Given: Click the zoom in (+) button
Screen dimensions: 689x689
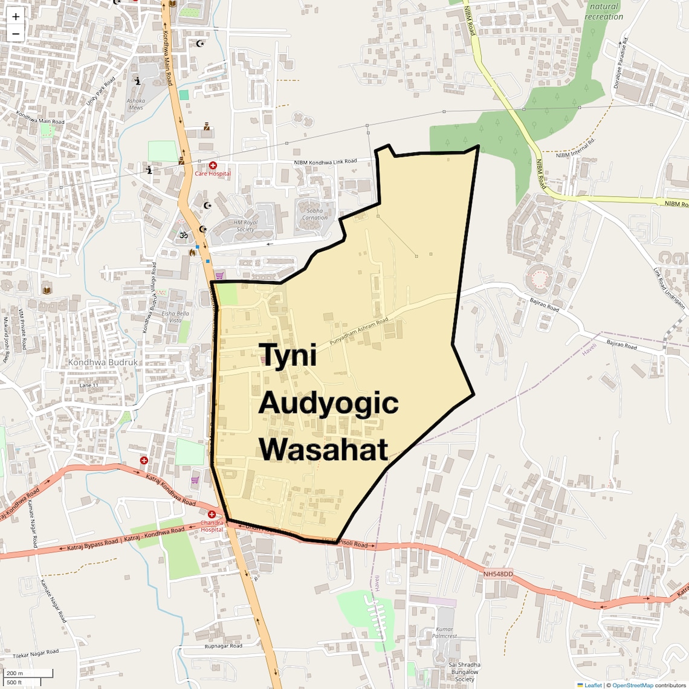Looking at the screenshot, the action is pos(16,17).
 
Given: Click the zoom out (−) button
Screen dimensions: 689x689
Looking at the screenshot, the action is pos(16,34).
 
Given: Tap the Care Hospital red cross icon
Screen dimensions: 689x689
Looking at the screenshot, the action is pos(213,166).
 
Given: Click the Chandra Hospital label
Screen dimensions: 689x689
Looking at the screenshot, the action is pos(212,526).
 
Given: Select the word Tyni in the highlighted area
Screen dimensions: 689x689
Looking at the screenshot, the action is pos(288,355).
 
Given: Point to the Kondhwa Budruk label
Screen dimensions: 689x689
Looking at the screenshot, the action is pos(103,363).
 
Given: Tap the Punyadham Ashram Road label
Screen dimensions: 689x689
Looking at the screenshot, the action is pos(359,332).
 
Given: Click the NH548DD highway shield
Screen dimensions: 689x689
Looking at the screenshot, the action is pos(498,574).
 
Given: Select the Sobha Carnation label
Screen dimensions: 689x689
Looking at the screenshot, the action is pos(315,215).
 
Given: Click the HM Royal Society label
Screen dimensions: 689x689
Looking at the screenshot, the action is pos(245,226).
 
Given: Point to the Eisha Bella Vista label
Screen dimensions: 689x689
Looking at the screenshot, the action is pos(175,317).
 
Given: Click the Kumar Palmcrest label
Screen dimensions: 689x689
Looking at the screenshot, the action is pos(444,633).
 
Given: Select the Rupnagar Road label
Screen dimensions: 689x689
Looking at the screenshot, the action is pos(223,646).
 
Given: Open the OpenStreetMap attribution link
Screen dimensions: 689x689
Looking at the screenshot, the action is pos(632,685).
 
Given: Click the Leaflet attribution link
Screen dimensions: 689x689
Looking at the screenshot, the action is pos(592,685).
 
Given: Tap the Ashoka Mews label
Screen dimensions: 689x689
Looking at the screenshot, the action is pos(136,105).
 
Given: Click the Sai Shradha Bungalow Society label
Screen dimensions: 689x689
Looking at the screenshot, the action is pos(465,672).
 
